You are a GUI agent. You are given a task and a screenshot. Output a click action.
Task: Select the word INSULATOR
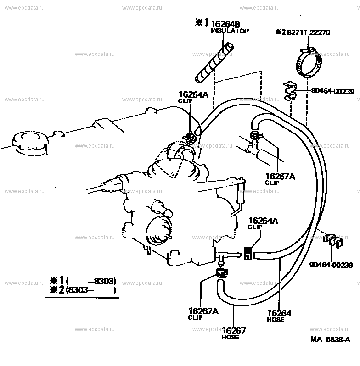click(x=230, y=31)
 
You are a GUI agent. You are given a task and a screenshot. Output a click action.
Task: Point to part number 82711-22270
click(x=309, y=33)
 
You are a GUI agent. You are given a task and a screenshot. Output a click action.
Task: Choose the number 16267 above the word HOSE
click(x=234, y=330)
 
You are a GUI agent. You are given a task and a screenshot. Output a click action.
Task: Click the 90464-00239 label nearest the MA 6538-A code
click(x=331, y=265)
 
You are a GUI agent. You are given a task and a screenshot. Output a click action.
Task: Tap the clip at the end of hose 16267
click(x=221, y=274)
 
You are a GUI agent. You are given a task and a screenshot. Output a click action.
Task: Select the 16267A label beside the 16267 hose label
click(x=203, y=311)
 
